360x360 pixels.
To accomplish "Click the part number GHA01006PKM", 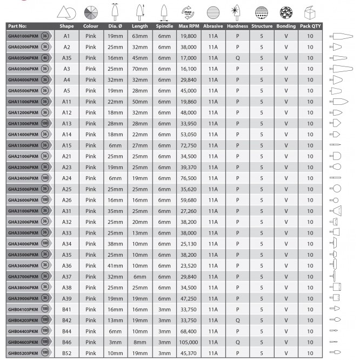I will click(24, 36).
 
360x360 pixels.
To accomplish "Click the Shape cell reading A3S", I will click(67, 58).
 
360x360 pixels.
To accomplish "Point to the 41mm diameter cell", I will click(115, 265).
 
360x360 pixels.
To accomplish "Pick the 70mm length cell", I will click(139, 69).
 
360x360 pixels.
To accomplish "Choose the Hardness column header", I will click(237, 26).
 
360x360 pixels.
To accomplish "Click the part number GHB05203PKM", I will click(24, 353).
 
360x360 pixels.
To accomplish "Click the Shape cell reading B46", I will click(67, 342).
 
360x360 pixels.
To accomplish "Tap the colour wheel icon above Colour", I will click(90, 12).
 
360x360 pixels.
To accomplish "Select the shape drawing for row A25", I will click(336, 188).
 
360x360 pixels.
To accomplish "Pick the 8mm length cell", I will click(139, 342).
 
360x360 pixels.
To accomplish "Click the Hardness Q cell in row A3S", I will click(237, 58).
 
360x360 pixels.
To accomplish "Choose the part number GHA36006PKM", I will click(24, 265).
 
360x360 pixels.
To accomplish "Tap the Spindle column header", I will click(164, 26).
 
